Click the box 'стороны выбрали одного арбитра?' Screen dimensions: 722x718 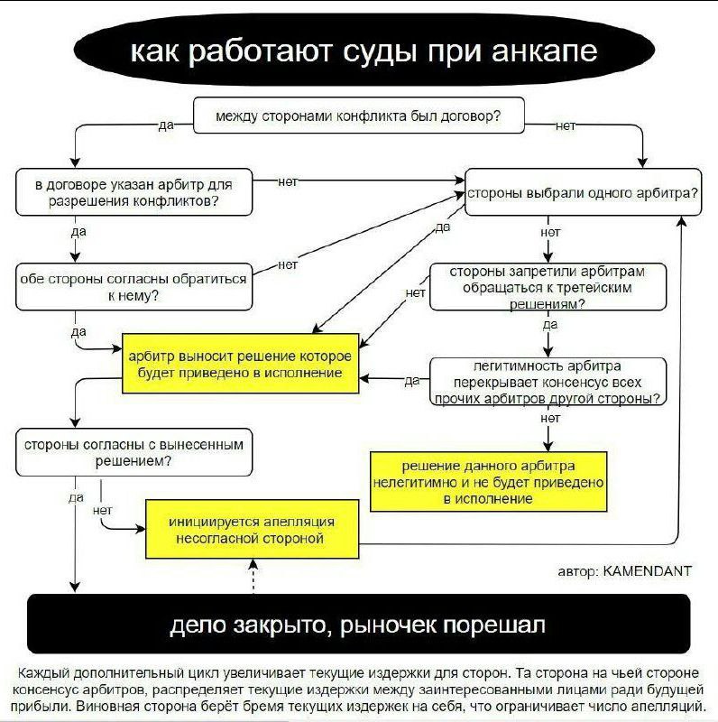(x=581, y=192)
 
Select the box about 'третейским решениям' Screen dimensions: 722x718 (x=548, y=287)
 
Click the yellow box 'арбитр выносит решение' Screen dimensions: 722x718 (x=241, y=364)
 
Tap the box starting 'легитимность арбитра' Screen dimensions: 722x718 (x=547, y=382)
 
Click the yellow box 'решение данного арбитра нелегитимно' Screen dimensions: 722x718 (x=488, y=481)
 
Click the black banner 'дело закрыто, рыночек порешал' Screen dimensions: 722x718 (x=358, y=624)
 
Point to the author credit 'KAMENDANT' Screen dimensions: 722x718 (x=647, y=570)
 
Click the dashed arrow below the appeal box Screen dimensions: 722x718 (x=254, y=576)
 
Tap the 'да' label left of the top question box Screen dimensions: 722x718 (x=165, y=125)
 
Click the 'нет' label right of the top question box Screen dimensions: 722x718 (x=565, y=125)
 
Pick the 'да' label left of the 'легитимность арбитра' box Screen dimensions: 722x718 (x=412, y=381)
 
